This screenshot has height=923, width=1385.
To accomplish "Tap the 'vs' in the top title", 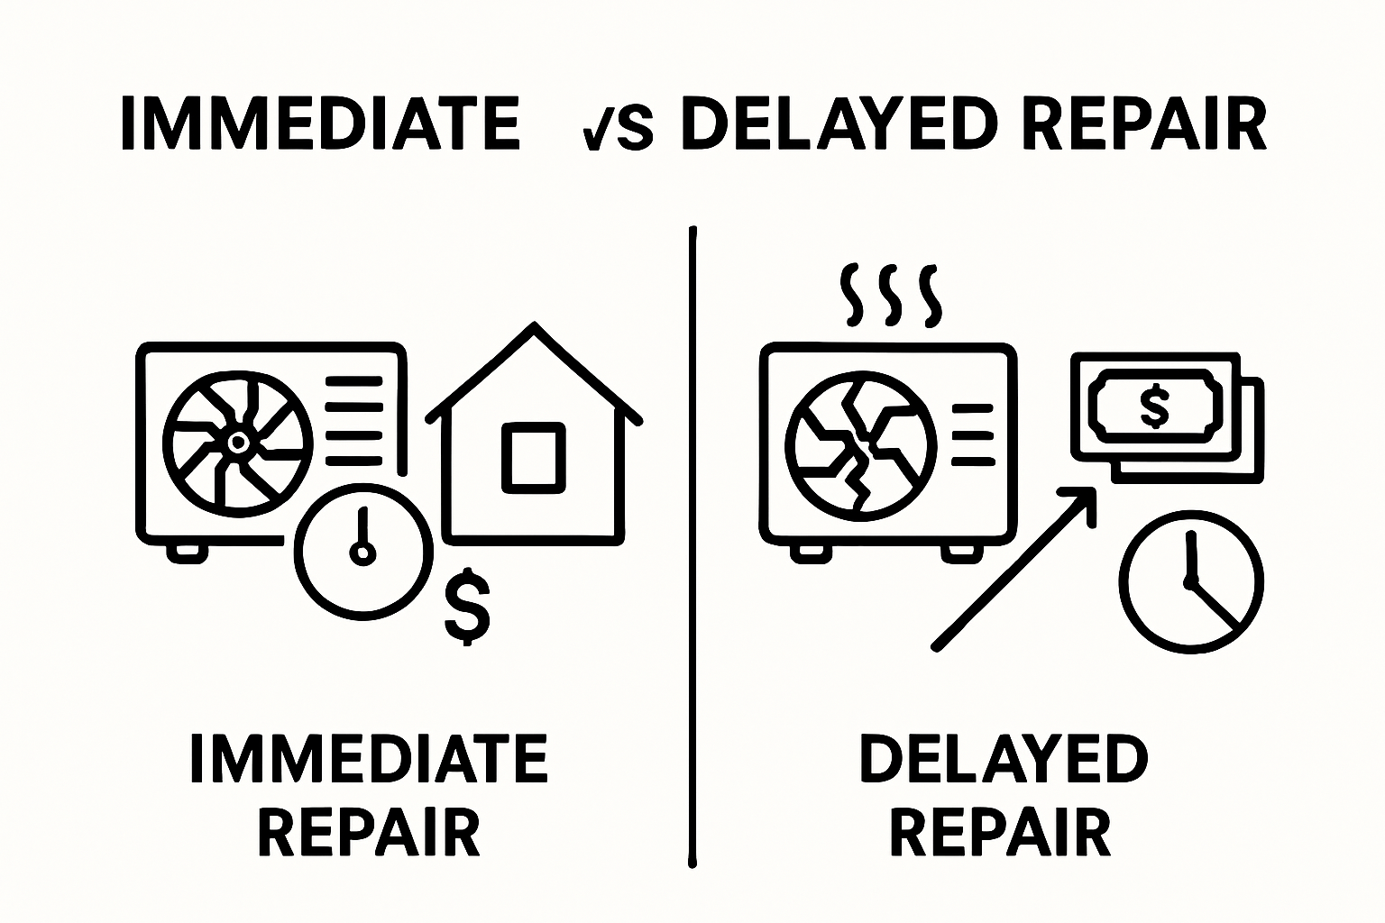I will [x=618, y=126].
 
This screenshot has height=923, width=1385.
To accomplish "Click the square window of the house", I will [x=534, y=456].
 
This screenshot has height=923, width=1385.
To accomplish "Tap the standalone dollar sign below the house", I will [x=467, y=605].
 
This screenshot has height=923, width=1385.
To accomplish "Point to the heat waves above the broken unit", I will [x=890, y=295].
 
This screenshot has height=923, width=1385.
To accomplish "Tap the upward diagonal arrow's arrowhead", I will [x=1081, y=501].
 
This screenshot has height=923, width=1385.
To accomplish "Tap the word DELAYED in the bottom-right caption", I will [x=1004, y=759].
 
